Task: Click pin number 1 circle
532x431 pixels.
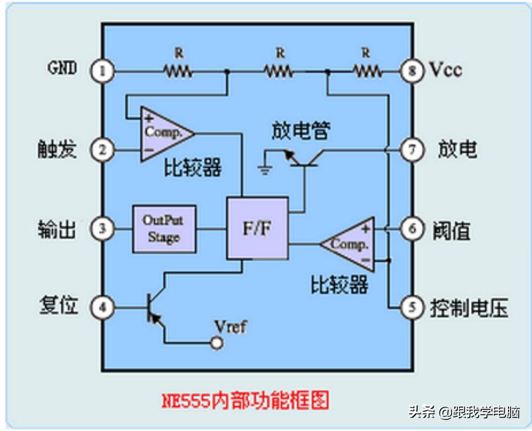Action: (102, 71)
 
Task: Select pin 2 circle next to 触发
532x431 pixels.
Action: (102, 149)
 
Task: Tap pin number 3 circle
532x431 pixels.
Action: (102, 229)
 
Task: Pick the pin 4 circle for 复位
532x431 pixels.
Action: (102, 306)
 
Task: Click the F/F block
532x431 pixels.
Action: (257, 229)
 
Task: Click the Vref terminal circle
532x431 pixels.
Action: (216, 343)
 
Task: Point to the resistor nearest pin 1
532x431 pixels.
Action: (178, 71)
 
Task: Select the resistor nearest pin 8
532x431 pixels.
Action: (367, 71)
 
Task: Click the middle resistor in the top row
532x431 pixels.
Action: (279, 71)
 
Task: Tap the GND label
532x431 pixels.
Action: (62, 68)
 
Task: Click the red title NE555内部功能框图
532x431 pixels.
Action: (246, 400)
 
